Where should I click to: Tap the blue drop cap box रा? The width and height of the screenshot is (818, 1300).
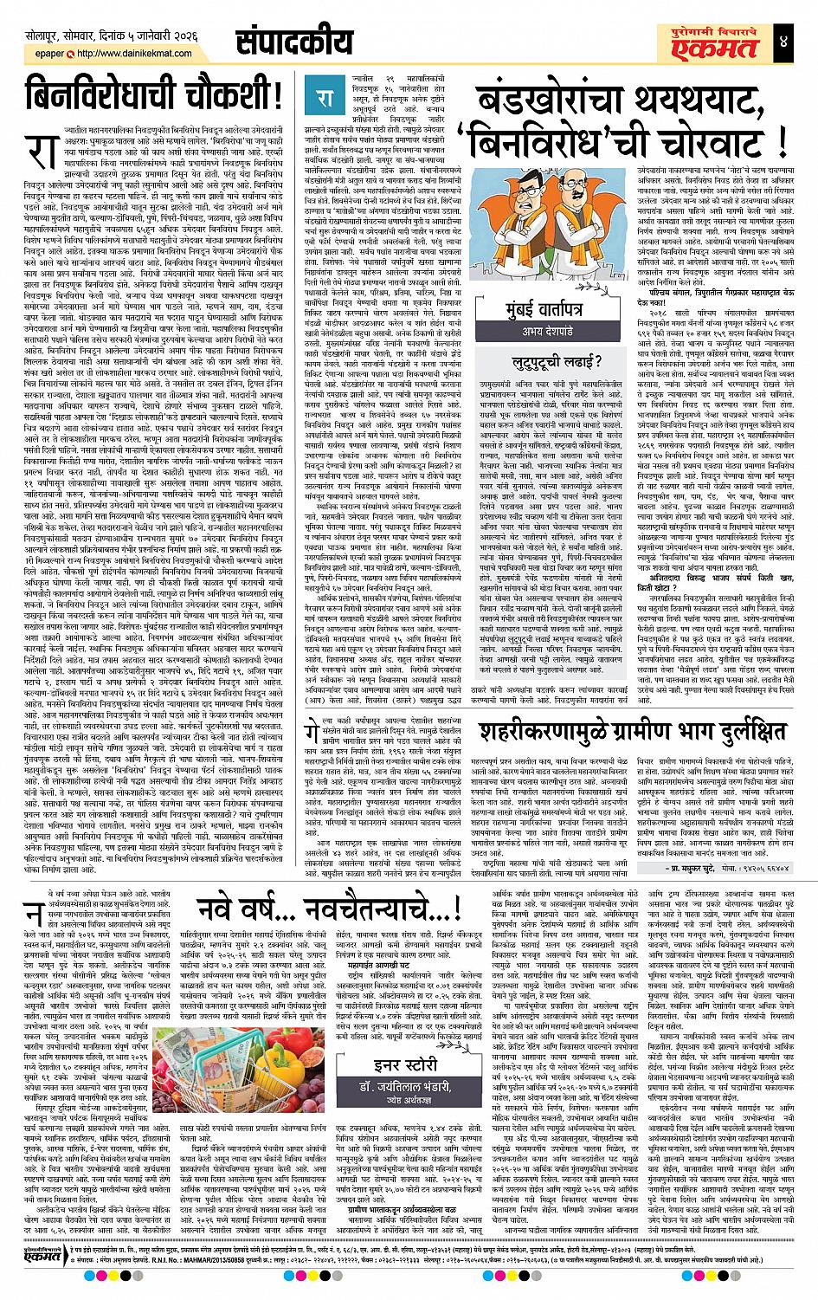click(324, 96)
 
